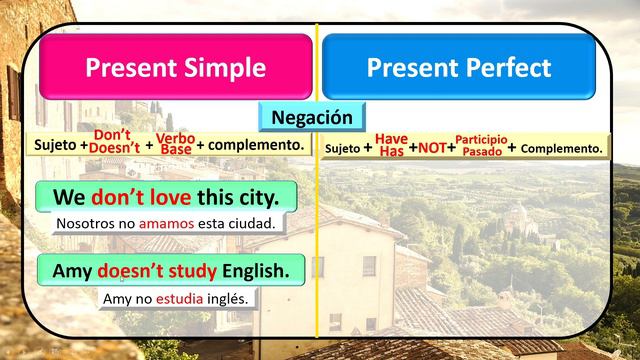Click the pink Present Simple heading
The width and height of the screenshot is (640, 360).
click(x=175, y=67)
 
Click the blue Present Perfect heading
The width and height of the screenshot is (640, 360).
click(x=458, y=67)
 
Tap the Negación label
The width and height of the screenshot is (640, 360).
click(x=313, y=117)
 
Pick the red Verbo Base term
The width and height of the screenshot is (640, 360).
click(x=175, y=143)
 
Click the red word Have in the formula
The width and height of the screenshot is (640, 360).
click(x=391, y=139)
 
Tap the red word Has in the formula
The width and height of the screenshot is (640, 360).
click(x=391, y=152)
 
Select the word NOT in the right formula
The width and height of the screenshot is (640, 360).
click(x=432, y=147)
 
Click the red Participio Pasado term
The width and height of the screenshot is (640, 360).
click(x=481, y=145)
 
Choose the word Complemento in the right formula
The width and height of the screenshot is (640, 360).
click(x=562, y=148)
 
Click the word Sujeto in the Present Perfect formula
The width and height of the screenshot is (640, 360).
click(x=343, y=149)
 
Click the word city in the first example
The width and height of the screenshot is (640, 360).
click(x=268, y=195)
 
